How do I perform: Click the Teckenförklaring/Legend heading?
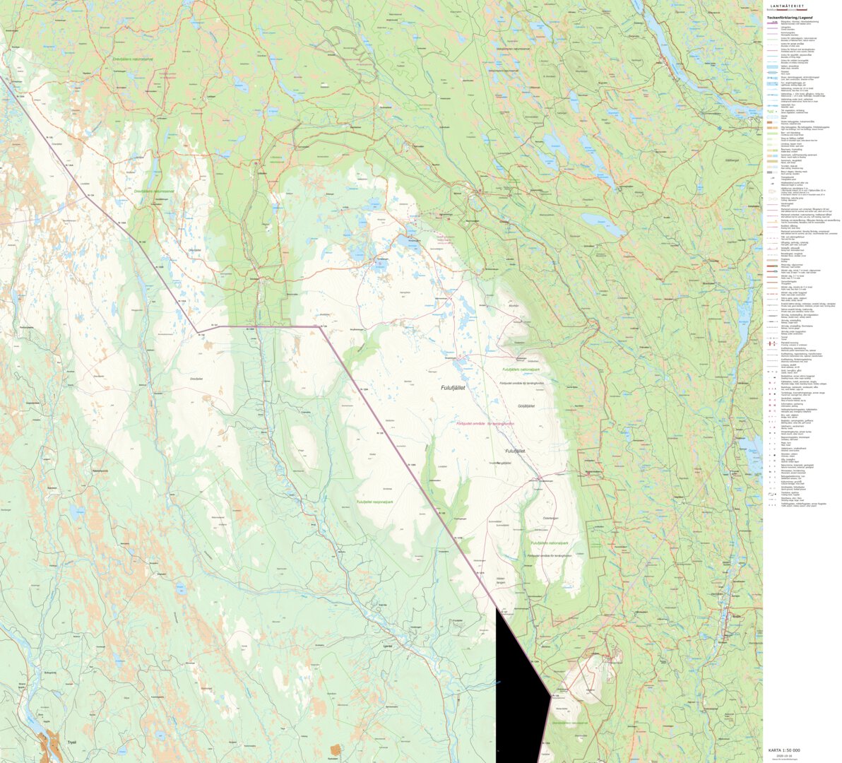[x=790, y=17]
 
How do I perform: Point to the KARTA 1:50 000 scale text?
[x=784, y=750]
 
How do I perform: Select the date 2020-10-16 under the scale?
[x=785, y=755]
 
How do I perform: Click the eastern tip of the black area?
[x=550, y=695]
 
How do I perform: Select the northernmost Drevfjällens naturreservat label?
[x=133, y=59]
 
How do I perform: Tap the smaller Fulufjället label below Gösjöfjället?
[x=515, y=450]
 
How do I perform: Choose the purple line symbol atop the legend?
[x=772, y=23]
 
